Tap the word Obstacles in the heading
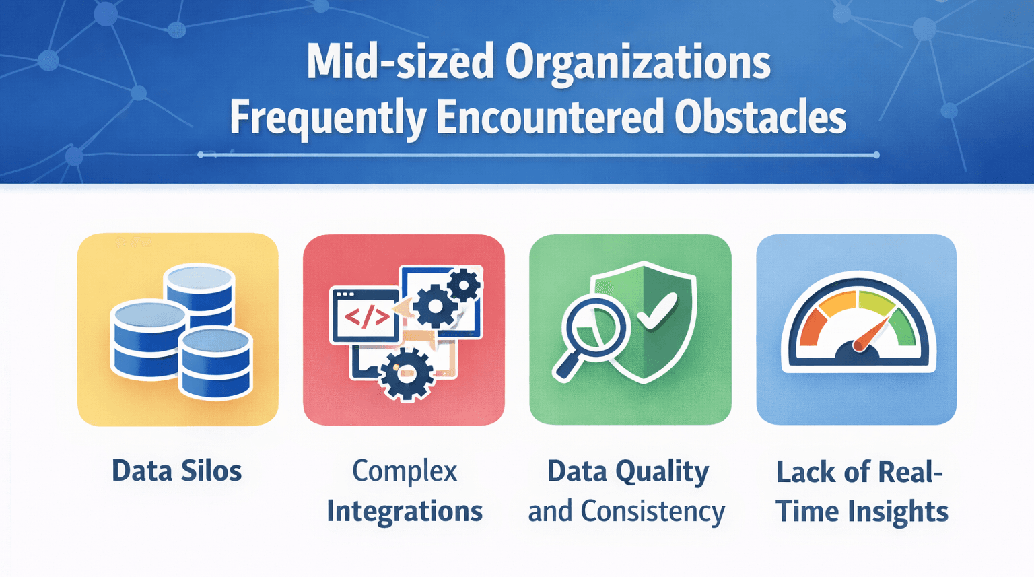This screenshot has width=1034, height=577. point(760,118)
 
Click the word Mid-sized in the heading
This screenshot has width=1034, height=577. point(401,63)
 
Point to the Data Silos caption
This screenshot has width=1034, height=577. point(176,471)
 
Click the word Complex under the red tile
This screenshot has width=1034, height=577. point(405,471)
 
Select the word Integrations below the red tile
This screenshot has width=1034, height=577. point(405,511)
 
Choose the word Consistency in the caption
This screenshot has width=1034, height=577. point(652,511)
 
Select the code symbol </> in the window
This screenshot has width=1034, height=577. point(367,316)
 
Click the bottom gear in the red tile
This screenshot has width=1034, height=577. point(406,374)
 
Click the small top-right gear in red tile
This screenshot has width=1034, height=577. point(464,285)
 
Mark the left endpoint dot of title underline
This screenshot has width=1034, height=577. point(201,155)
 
